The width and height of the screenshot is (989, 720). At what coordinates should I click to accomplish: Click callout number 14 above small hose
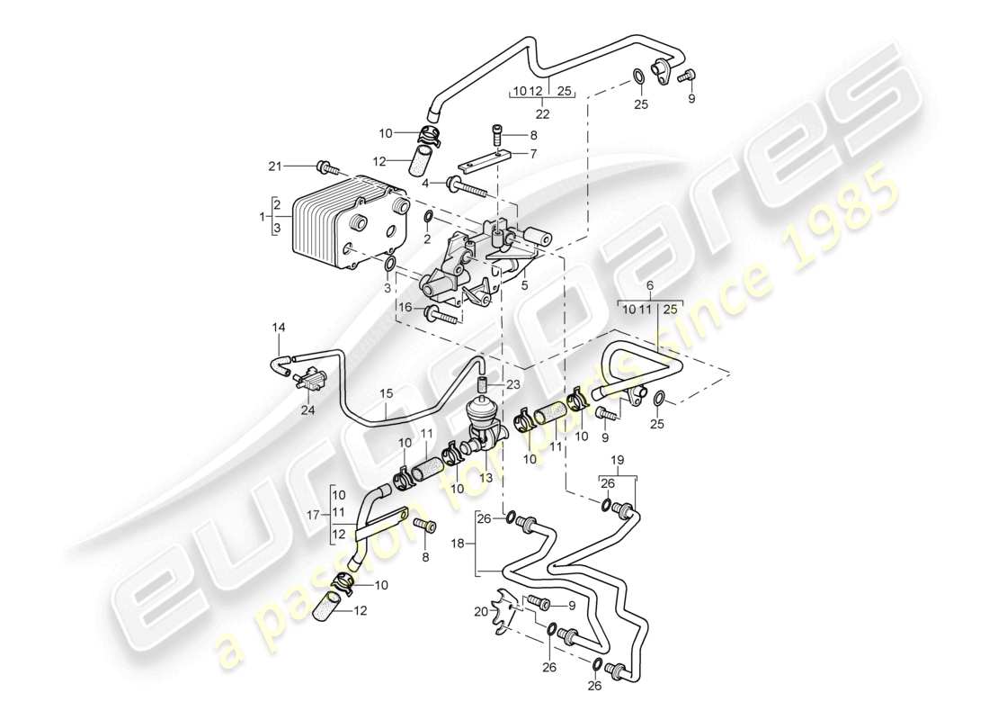click(279, 327)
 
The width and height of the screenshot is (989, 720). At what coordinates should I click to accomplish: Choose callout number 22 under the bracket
click(543, 114)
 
